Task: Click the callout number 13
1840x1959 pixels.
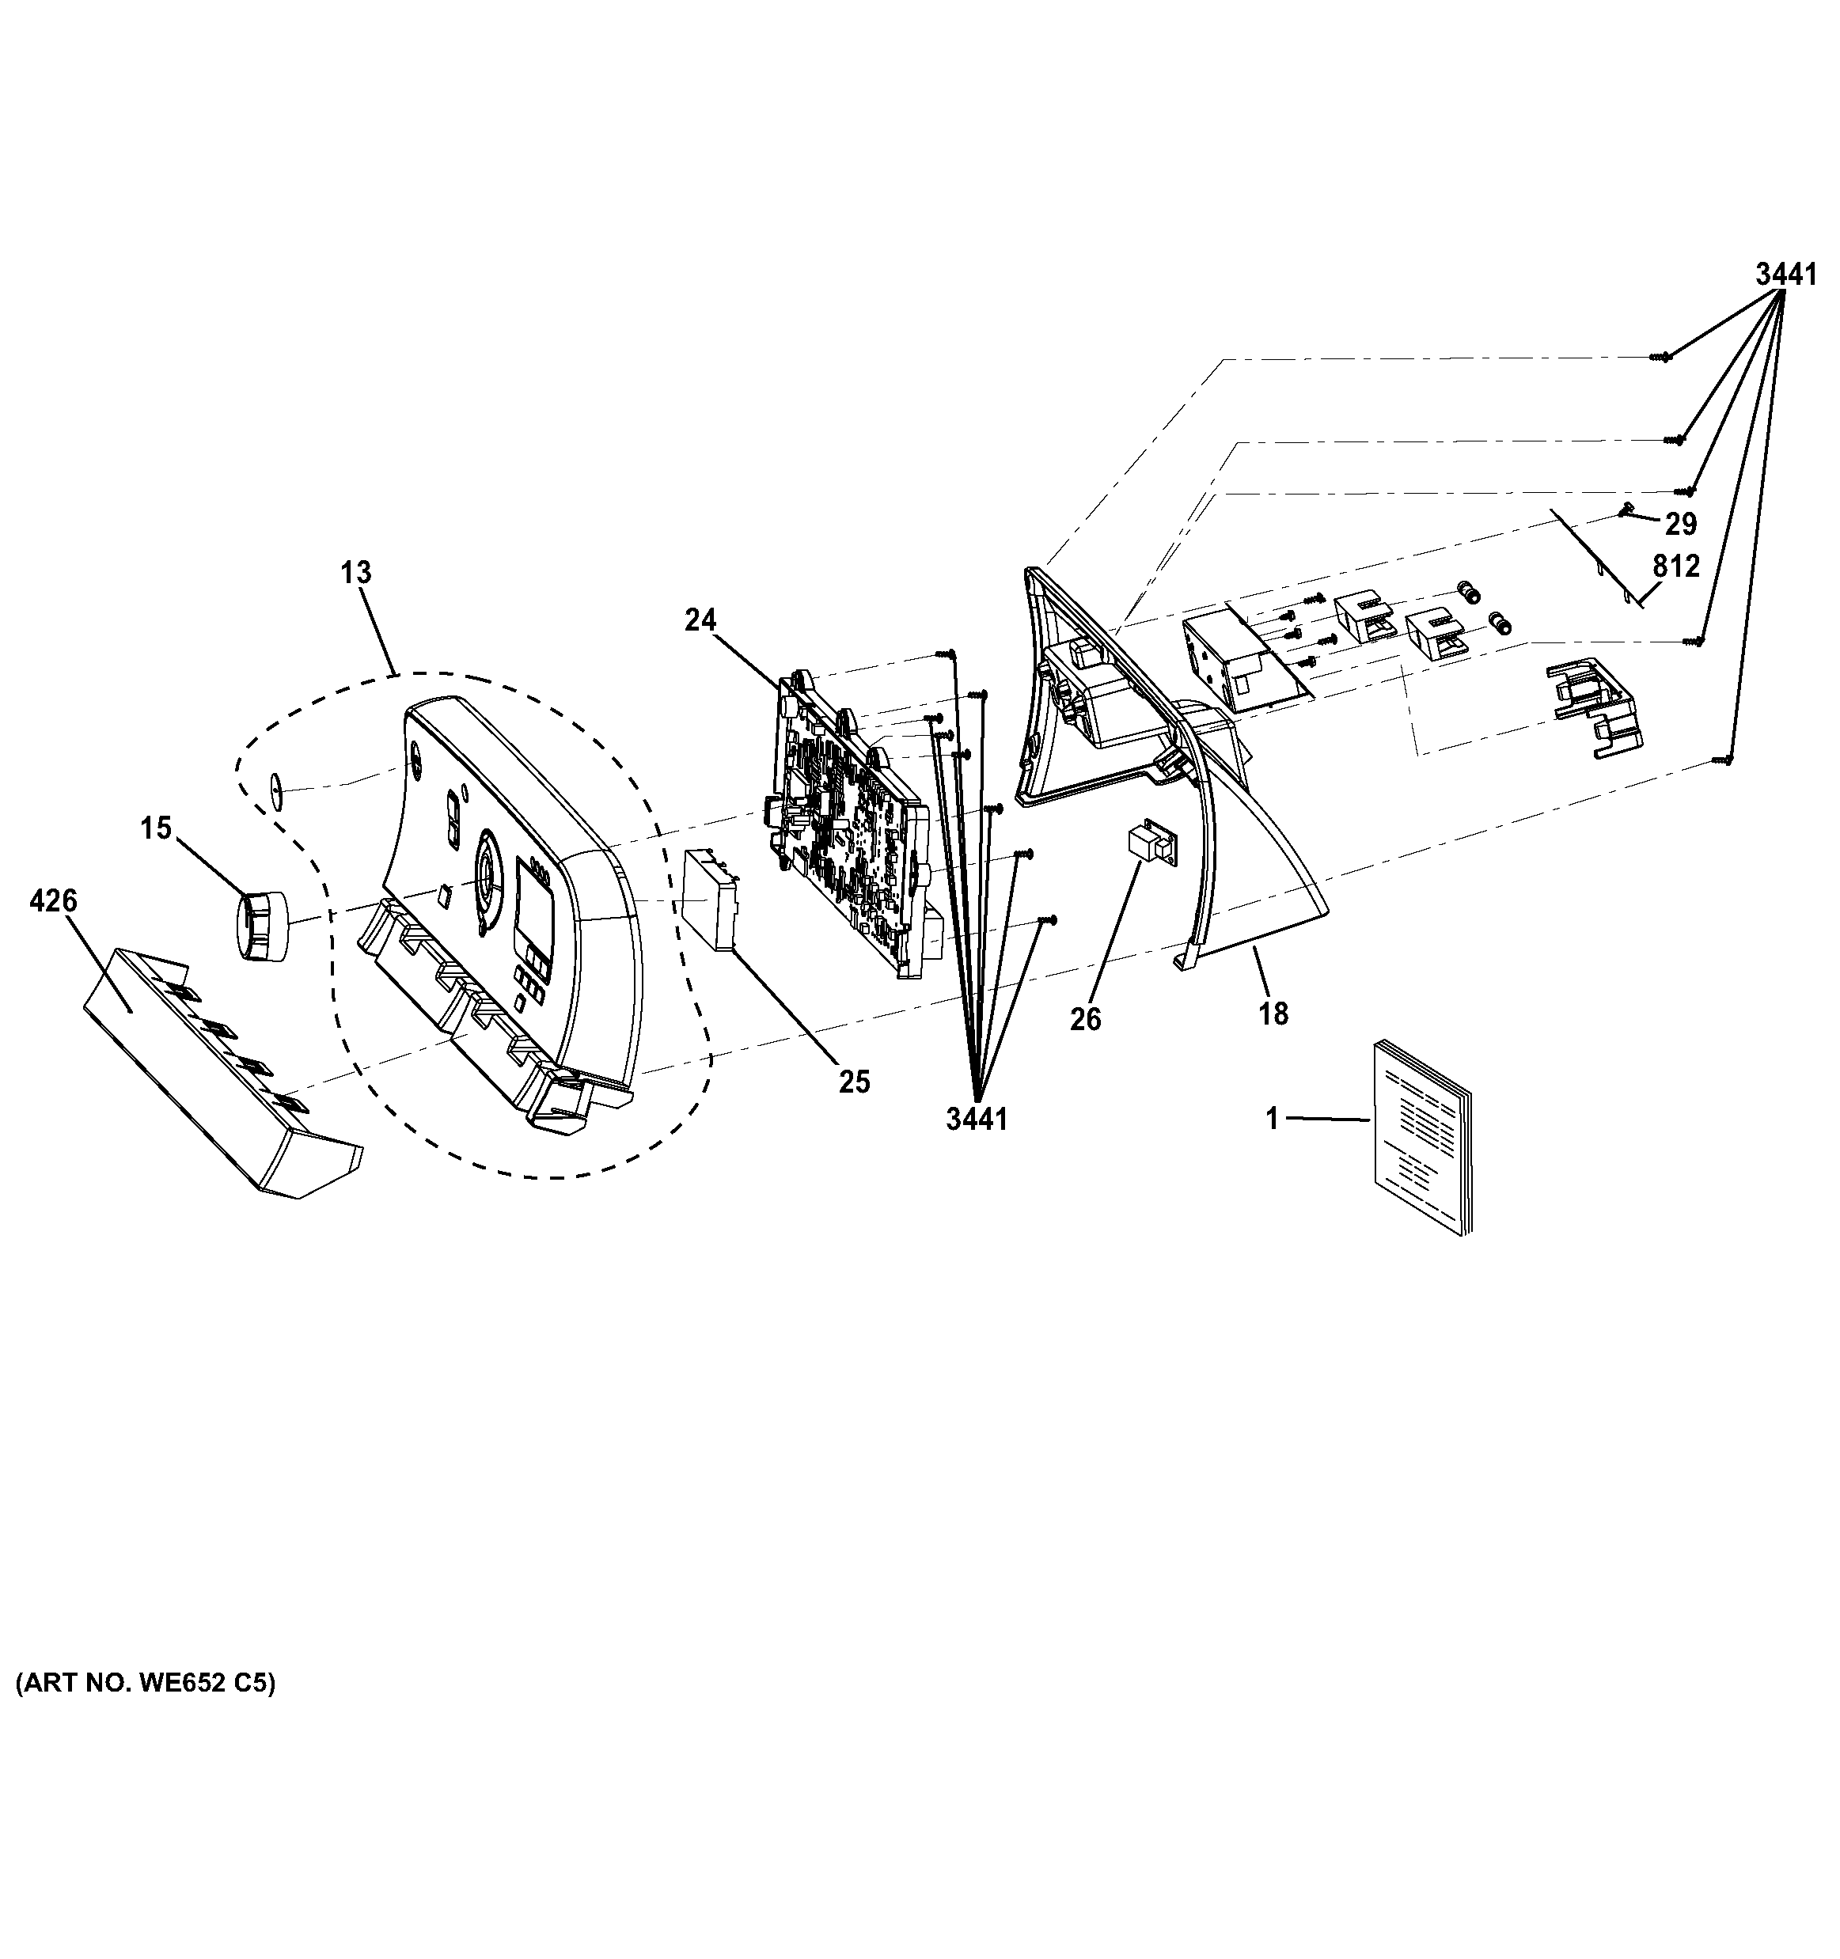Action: (x=356, y=573)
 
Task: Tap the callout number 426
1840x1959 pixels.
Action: (x=53, y=900)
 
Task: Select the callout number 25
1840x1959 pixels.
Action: (x=855, y=1082)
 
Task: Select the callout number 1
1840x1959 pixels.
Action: (x=1273, y=1119)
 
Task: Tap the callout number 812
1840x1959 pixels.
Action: (x=1675, y=566)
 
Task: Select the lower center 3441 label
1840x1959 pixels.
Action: (x=976, y=1120)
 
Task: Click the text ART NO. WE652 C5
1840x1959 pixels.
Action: (x=146, y=1683)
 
